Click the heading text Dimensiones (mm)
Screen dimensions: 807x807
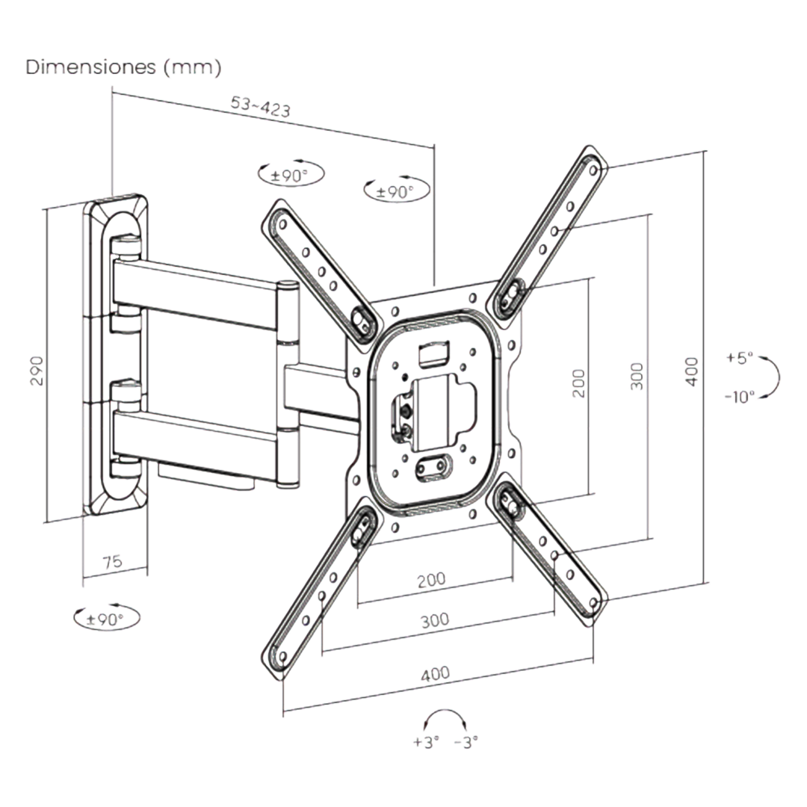coord(123,67)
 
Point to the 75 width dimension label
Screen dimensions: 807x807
coord(113,562)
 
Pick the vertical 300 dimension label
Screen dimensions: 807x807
coord(637,377)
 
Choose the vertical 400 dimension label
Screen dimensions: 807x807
coord(692,371)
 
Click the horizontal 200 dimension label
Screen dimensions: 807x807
coord(431,579)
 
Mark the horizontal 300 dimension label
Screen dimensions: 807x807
coord(434,620)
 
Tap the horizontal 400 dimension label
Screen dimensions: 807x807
coord(436,674)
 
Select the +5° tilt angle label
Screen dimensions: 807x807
coord(740,358)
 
